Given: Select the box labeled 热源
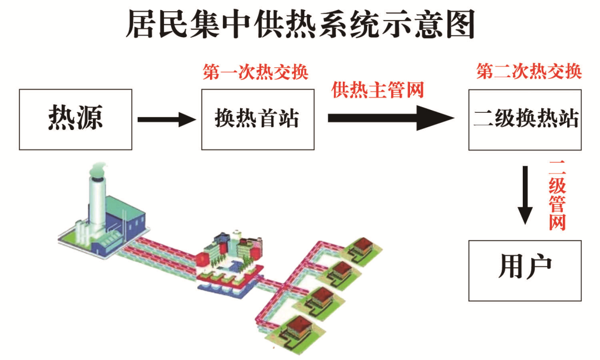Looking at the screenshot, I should [76, 119].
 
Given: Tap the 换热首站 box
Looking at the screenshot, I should [257, 119].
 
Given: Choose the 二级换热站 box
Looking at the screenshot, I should [524, 119].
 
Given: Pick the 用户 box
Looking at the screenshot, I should [524, 270].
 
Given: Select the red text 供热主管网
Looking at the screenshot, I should [378, 90].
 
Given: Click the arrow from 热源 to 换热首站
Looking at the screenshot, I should [166, 119].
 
